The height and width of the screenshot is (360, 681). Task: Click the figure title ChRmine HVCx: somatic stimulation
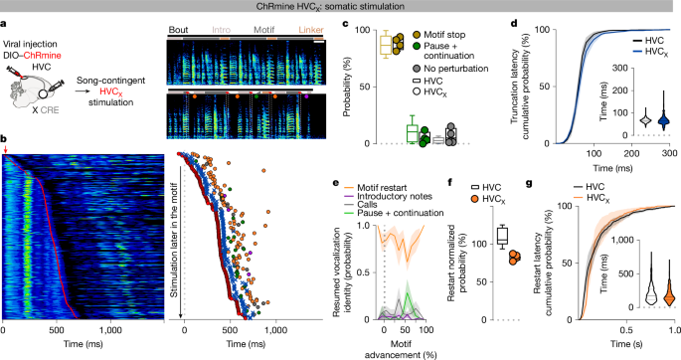click(340, 7)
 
